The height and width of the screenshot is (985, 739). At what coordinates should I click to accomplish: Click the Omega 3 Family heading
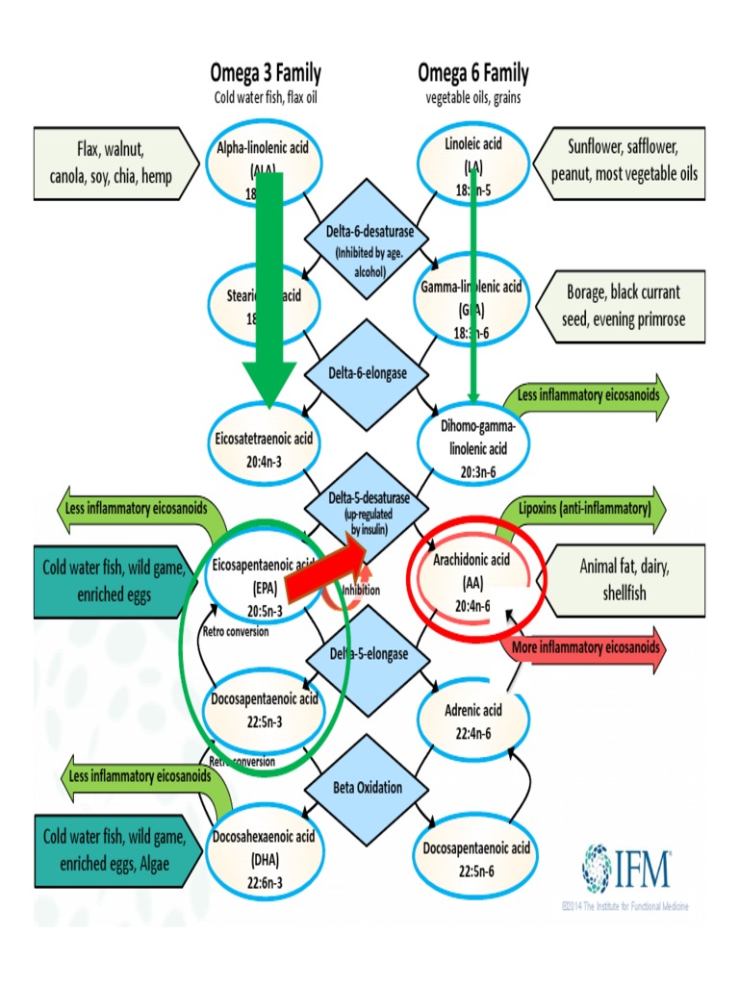pos(266,73)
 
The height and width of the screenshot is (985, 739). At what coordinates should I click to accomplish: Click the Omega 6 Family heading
pos(472,73)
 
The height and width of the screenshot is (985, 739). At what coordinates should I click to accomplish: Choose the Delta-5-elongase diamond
pos(366,654)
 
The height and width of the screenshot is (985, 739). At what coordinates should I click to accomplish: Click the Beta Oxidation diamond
pos(366,788)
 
